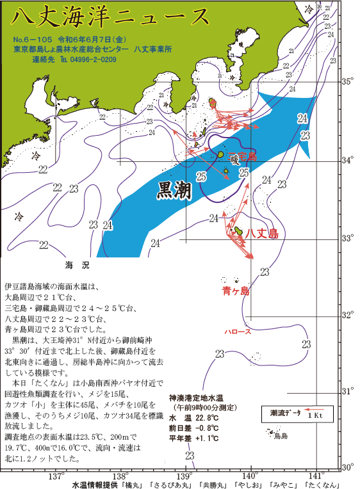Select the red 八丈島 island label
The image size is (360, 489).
263,233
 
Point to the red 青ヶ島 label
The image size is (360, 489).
235,292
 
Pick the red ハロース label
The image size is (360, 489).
238,332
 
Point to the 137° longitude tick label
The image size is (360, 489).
56,476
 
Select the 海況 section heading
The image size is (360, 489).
75,264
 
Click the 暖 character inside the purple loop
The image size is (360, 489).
234,157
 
